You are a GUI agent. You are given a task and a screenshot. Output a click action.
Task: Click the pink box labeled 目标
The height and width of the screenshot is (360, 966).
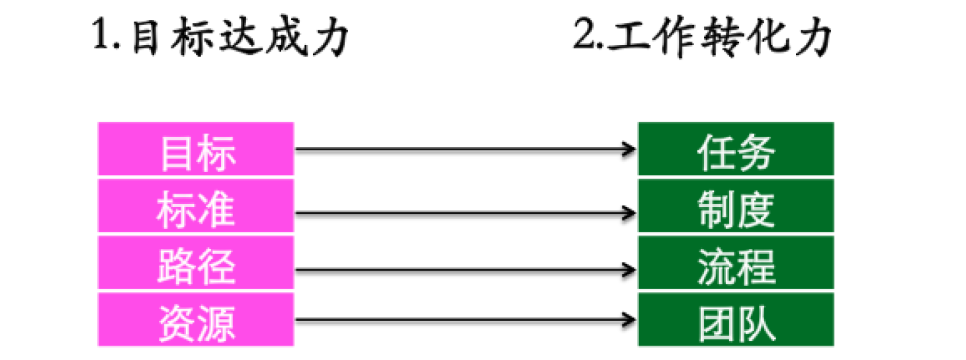tap(196, 149)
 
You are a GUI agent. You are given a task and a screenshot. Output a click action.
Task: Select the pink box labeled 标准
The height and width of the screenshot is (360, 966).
tap(196, 206)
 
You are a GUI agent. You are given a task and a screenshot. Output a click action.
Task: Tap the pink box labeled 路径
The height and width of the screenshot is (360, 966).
tap(196, 263)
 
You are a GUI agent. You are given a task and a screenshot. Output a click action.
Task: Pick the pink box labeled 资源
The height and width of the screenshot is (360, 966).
tap(196, 320)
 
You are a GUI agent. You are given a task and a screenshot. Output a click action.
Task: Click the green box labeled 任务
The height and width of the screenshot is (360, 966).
tap(736, 149)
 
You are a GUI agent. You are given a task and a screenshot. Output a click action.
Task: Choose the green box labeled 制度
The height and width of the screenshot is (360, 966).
tap(736, 206)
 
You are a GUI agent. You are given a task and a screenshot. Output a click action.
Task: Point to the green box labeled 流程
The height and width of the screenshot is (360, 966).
tap(736, 263)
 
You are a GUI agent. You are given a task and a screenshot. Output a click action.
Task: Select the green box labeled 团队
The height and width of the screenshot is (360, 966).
tap(736, 320)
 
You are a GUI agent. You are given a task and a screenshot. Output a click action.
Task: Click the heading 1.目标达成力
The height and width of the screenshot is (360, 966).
tap(220, 36)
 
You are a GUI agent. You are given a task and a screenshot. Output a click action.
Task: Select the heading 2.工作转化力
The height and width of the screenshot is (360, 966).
tap(703, 36)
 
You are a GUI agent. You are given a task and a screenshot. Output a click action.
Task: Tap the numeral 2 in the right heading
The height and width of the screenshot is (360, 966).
tap(586, 33)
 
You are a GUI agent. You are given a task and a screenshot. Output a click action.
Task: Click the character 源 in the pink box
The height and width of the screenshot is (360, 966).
tap(216, 324)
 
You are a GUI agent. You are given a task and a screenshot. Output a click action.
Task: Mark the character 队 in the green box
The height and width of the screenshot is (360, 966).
tap(757, 324)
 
